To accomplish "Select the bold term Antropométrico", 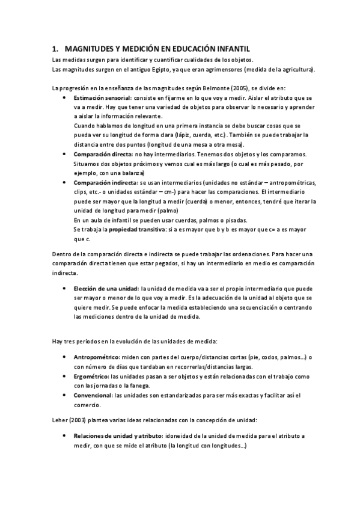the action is point(96,357).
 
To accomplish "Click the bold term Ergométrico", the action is point(92,376).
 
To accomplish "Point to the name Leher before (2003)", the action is point(61,417).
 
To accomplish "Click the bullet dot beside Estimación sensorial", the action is point(65,97).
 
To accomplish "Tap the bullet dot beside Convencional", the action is point(65,395).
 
